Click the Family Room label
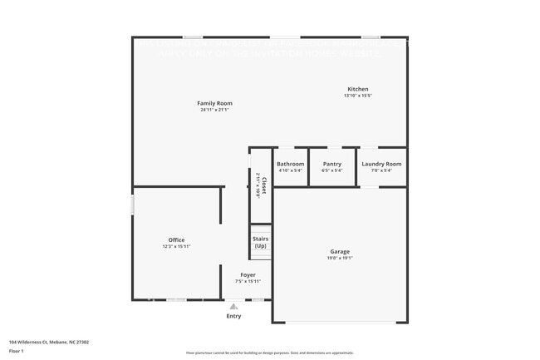(214, 103)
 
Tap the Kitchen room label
(358, 89)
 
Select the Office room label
(176, 240)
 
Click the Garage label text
(340, 251)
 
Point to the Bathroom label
(291, 164)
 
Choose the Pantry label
(332, 164)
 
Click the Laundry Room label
(381, 164)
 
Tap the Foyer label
(248, 274)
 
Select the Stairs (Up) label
(261, 242)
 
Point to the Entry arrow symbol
(233, 307)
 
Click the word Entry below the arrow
(233, 316)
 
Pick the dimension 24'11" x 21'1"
(214, 110)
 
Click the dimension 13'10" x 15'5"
(358, 96)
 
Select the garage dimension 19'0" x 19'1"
(340, 258)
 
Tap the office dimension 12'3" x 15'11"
(176, 247)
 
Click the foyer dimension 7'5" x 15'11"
(248, 281)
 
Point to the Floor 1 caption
(17, 351)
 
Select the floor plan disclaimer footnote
(270, 353)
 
